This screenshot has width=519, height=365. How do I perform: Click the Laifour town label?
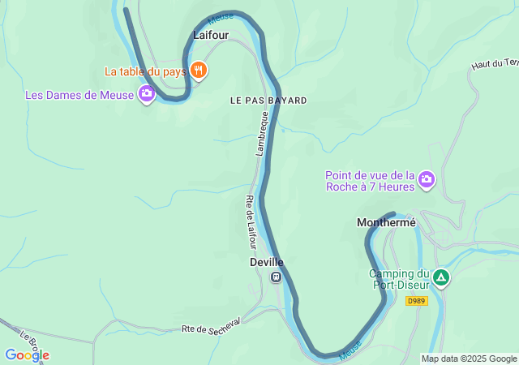tap(211, 35)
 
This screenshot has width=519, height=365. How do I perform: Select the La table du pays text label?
tap(145, 71)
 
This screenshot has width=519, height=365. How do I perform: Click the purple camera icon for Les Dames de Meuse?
tap(146, 95)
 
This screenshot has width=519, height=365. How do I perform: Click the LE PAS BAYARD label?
tap(268, 101)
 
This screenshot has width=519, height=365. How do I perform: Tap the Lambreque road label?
tap(262, 134)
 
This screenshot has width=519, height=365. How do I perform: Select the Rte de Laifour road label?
tap(251, 222)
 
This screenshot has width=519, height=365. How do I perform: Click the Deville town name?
tap(266, 262)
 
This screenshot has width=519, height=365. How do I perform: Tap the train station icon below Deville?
tap(276, 277)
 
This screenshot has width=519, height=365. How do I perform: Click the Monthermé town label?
tap(386, 222)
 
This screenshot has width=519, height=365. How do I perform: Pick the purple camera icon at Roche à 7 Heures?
tap(427, 180)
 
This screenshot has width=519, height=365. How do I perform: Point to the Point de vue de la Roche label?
tap(370, 180)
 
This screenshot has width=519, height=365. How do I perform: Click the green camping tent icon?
tap(440, 278)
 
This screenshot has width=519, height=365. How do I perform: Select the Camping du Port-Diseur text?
tap(400, 279)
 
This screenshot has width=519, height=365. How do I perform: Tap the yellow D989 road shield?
tap(416, 301)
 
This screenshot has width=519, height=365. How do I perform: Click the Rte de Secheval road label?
tap(211, 328)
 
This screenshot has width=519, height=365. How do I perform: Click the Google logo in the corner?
tap(27, 355)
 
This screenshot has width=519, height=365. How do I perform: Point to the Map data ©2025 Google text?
tap(469, 359)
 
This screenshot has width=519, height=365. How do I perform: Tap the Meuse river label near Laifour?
tap(221, 15)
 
